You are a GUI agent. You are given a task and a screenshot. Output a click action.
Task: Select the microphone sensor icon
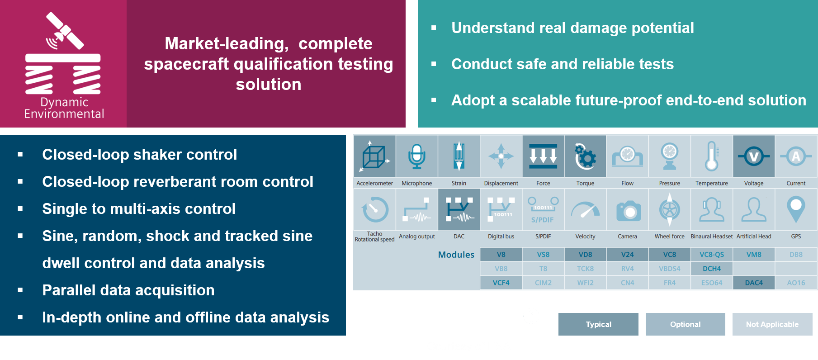pos(416,156)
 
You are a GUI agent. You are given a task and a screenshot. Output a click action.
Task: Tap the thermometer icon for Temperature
pos(711,156)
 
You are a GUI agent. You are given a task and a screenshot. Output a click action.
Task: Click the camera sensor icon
pos(628,211)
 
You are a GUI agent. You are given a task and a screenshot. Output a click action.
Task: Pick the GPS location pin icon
pos(796,209)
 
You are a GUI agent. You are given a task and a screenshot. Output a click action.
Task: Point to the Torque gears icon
pos(585,156)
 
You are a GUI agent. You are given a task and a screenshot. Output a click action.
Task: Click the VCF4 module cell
pos(501,283)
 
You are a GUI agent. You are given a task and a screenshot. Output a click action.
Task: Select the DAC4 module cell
pos(754,283)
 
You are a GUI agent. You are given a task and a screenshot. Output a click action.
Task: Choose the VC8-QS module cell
pos(712,255)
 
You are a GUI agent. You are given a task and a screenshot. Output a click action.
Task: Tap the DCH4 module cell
pos(712,269)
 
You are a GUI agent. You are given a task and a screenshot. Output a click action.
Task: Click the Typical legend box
pos(598,324)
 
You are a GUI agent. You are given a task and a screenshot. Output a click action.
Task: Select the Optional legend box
pos(685,324)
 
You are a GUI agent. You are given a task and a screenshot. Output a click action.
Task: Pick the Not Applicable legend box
pos(772,324)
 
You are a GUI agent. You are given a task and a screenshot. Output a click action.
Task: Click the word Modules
pos(456,255)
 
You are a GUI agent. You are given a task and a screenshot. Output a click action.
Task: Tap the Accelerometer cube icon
pos(374,156)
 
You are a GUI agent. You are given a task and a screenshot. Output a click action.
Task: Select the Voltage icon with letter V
pos(754,156)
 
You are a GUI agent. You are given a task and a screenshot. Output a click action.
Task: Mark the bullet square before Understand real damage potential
pos(434,28)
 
